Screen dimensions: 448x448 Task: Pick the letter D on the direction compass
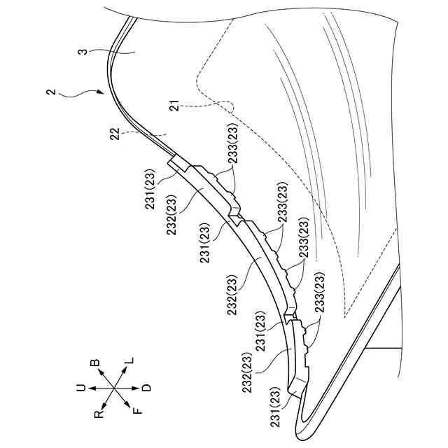146,387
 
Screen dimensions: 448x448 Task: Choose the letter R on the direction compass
99,414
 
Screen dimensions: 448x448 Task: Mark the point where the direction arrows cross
114,388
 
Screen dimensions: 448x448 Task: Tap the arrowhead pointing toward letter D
137,387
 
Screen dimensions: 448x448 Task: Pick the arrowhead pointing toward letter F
128,405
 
